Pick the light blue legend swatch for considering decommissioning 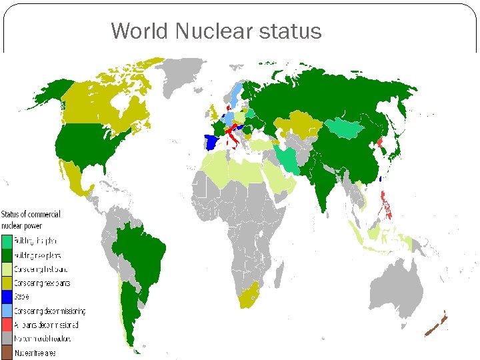click(x=6, y=311)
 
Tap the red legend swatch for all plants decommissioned click(x=6, y=324)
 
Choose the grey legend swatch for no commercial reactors click(x=6, y=337)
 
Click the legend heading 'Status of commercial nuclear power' click(x=31, y=219)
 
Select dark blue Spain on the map click(x=213, y=142)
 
